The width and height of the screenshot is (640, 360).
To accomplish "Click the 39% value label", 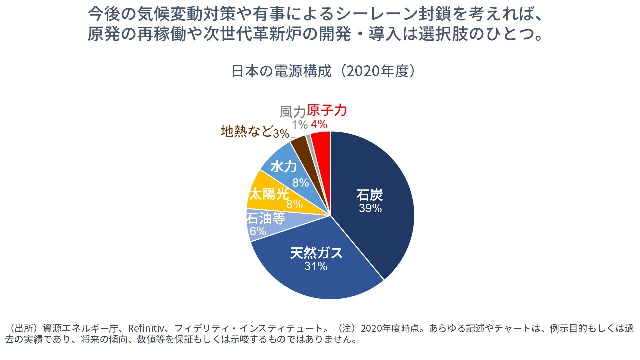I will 370,208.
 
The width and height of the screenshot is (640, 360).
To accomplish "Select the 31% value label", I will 316,267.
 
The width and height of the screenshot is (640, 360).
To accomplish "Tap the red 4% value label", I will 319,124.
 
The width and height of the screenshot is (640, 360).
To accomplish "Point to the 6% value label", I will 258,231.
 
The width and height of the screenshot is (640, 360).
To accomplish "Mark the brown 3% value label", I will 281,133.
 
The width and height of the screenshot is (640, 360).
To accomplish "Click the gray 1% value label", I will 300,124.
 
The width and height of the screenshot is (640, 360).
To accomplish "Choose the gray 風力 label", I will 293,111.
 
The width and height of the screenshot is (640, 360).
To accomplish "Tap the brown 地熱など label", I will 246,131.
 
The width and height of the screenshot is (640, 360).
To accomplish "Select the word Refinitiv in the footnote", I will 143,329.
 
